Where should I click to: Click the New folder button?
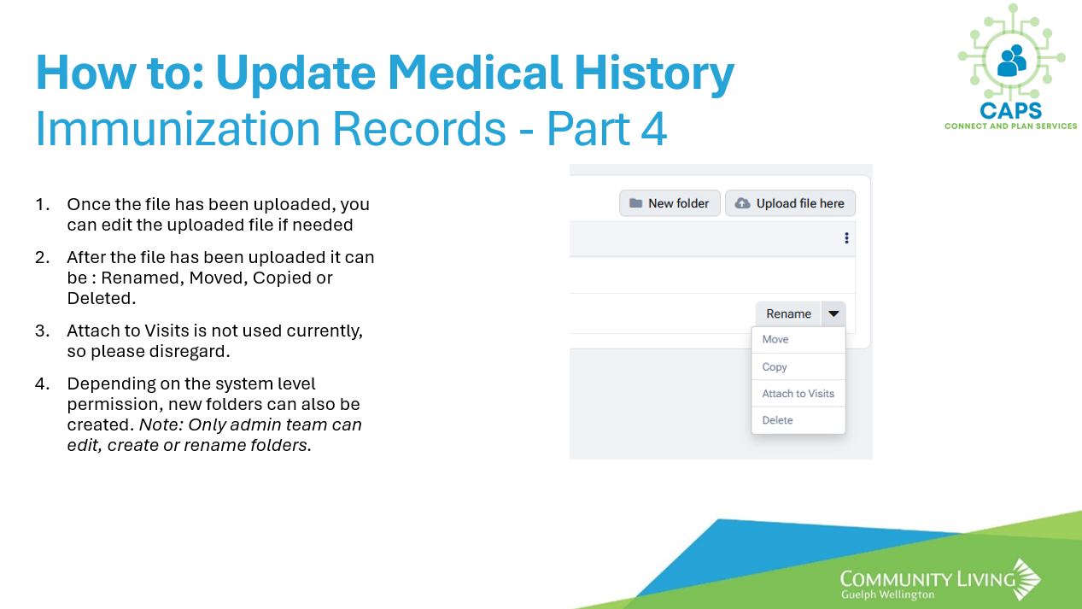(x=670, y=203)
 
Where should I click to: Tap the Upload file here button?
(x=790, y=203)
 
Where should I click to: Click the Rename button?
(x=788, y=314)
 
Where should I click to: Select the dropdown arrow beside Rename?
(x=833, y=314)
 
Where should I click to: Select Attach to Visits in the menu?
(x=798, y=394)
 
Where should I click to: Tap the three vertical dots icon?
(x=846, y=238)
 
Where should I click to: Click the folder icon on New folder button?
(x=635, y=203)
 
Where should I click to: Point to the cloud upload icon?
(x=742, y=203)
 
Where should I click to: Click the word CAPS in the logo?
(x=1010, y=111)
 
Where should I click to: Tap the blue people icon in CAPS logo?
(x=1012, y=61)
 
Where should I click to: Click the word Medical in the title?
(x=475, y=73)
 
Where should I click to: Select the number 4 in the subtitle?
(x=654, y=129)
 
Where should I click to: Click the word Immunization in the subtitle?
(x=178, y=129)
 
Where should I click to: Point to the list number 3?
(x=42, y=331)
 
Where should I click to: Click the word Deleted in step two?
(x=102, y=298)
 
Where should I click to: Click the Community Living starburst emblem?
(x=1026, y=580)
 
